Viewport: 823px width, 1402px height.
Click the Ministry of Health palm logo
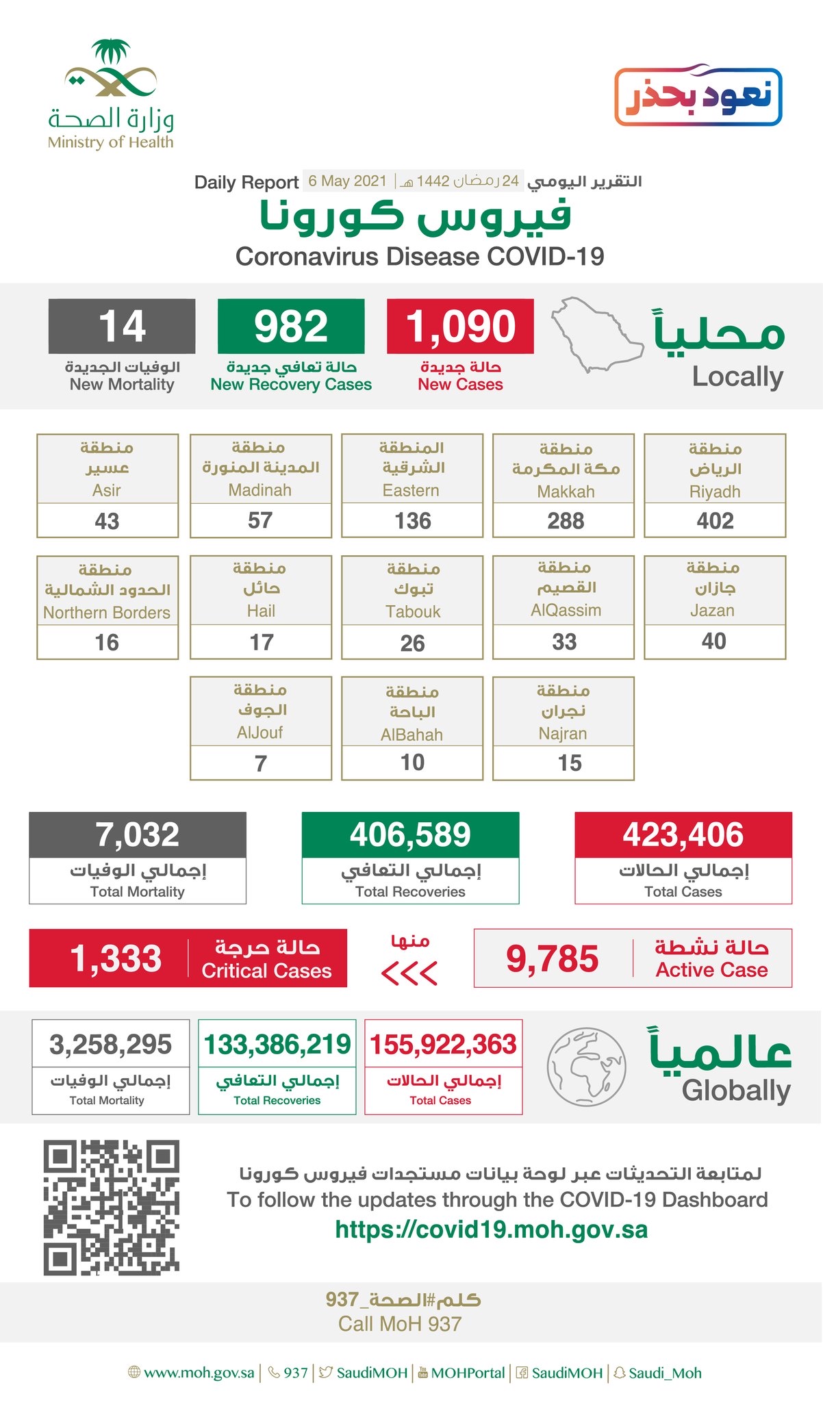click(111, 68)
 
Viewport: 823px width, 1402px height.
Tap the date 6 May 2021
click(347, 181)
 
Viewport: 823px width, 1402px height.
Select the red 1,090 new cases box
click(460, 326)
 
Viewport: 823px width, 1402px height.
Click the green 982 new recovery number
click(291, 326)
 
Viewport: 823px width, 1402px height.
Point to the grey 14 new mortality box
click(122, 326)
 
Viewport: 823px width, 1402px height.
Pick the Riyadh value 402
click(715, 521)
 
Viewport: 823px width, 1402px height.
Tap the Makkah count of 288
click(566, 521)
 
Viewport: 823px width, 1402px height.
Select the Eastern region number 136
click(412, 521)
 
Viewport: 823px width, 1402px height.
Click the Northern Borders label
click(107, 613)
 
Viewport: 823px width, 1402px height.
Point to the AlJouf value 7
click(261, 763)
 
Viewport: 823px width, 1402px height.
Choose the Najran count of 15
click(570, 763)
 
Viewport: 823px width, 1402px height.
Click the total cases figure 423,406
click(683, 834)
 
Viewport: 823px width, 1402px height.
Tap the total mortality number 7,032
click(137, 834)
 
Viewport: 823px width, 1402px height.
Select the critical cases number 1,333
click(116, 958)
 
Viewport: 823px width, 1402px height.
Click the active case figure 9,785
click(552, 958)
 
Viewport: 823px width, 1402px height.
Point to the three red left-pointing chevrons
click(409, 973)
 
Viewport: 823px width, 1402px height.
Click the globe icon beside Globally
click(586, 1067)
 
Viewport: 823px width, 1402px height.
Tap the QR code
click(112, 1207)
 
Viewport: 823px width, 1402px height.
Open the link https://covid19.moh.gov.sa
click(491, 1230)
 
